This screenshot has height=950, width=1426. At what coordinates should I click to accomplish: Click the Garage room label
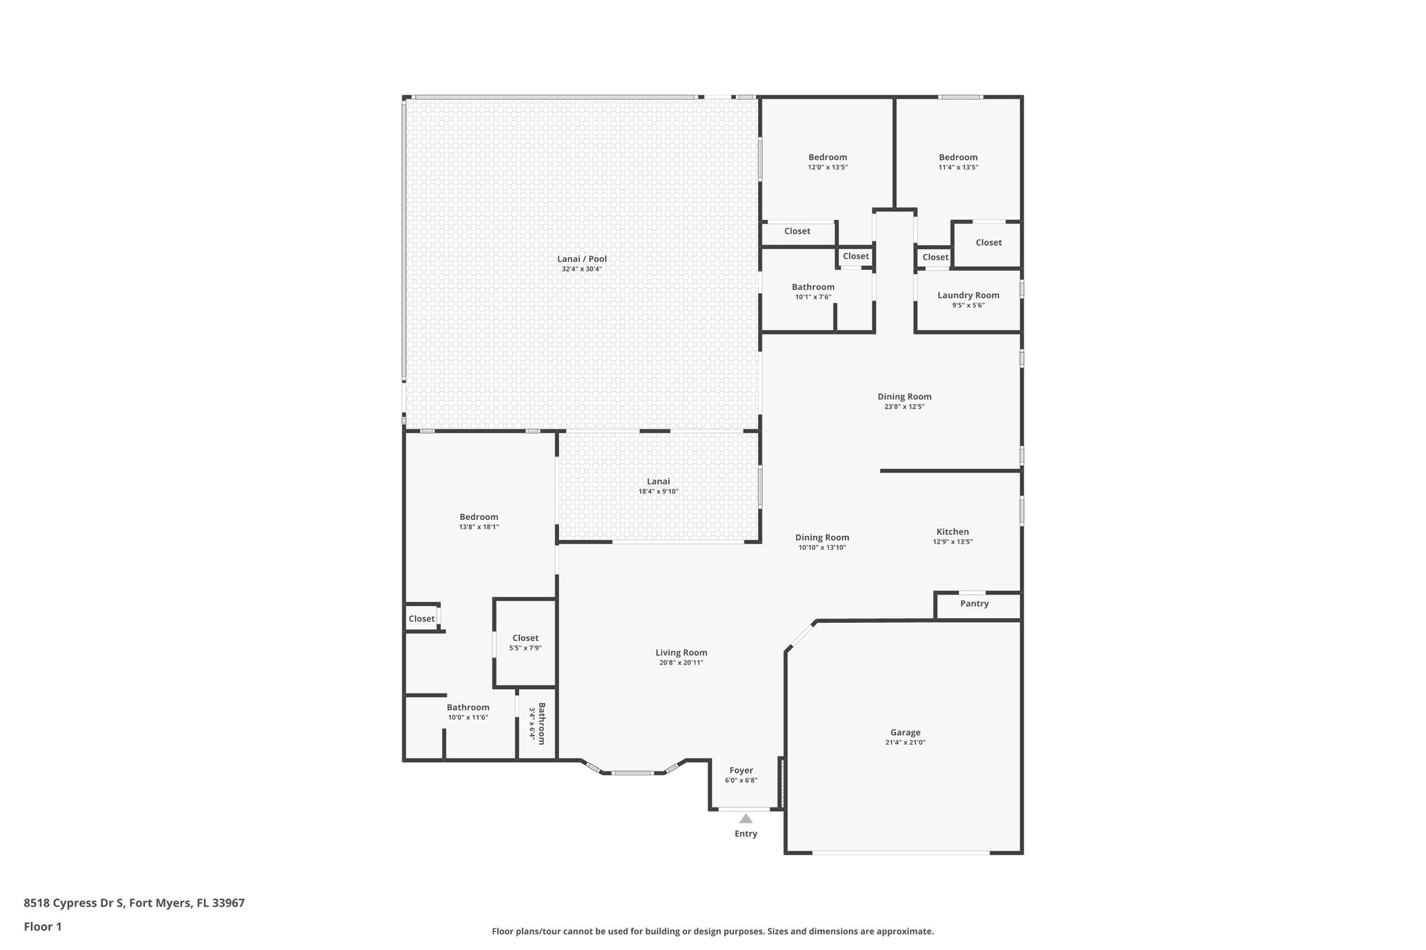pos(905,732)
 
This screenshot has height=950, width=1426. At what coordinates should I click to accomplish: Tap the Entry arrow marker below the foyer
pos(746,818)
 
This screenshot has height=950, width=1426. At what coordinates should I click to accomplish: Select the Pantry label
pos(974,603)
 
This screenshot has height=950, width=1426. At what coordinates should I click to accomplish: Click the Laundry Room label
pos(968,295)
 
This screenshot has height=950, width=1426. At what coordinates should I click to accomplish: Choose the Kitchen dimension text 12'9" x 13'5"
pos(953,542)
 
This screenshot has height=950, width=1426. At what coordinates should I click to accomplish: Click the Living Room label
pos(681,653)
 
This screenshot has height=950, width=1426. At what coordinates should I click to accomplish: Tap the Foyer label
pos(741,770)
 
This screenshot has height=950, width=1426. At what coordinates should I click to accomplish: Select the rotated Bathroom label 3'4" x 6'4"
pos(538,723)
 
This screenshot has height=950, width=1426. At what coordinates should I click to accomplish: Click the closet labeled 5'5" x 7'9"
pos(525,638)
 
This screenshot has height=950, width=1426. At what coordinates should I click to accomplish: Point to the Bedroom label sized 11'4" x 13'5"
pos(958,157)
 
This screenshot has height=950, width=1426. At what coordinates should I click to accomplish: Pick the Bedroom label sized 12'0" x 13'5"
pos(827,157)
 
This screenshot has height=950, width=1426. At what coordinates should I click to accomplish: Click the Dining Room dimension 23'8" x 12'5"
pos(904,407)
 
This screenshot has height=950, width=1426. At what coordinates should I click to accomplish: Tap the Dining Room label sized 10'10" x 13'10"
pos(822,537)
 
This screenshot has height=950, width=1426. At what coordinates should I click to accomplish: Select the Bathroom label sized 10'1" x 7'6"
pos(813,287)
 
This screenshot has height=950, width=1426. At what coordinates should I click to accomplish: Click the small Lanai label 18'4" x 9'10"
pos(658,482)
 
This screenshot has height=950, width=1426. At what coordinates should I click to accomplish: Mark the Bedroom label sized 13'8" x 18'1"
pos(478,517)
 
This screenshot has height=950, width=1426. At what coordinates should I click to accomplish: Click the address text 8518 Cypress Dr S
pos(74,903)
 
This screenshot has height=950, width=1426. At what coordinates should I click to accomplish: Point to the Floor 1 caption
pos(42,926)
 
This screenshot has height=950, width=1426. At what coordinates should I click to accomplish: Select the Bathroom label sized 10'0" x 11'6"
pos(468,707)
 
